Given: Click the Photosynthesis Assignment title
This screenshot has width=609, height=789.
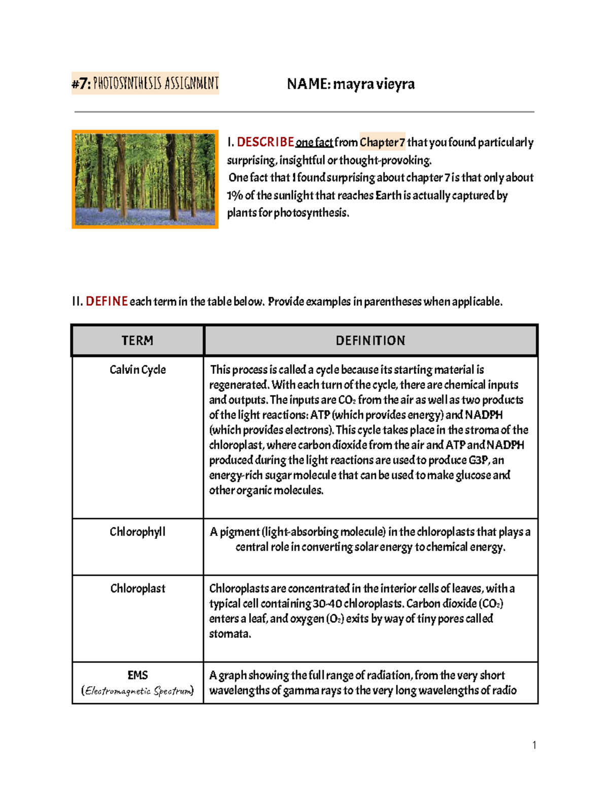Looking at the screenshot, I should click(x=145, y=83).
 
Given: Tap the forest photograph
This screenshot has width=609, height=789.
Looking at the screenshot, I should click(x=145, y=179).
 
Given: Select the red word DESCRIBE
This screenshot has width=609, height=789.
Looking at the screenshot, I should click(x=265, y=142).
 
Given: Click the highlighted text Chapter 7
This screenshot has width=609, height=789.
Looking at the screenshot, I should click(x=382, y=142).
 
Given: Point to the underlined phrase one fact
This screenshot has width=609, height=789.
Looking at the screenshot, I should click(x=314, y=143).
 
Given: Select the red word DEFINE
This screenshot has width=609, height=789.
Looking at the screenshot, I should click(x=107, y=301).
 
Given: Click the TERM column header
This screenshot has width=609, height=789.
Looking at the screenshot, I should click(x=138, y=340).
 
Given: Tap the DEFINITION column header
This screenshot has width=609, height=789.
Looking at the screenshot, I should click(x=370, y=340).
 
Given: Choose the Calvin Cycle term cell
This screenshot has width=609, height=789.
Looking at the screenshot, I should click(x=138, y=369).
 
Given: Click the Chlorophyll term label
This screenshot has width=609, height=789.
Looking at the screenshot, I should click(x=138, y=532).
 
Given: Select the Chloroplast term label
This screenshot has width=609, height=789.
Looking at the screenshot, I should click(x=138, y=588).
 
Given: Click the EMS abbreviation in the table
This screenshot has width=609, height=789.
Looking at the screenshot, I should click(x=138, y=675).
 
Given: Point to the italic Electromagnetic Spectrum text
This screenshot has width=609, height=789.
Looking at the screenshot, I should click(x=138, y=691).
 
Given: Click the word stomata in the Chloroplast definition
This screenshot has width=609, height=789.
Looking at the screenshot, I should click(x=229, y=634).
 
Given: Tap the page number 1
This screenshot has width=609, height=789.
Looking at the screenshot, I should click(x=534, y=745).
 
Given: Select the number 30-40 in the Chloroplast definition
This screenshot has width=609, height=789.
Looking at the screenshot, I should click(x=327, y=604).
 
